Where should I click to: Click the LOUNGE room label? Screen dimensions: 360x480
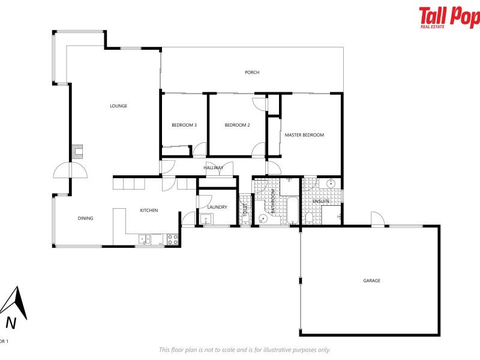pyautogui.click(x=118, y=106)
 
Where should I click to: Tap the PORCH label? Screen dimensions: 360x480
pyautogui.click(x=252, y=73)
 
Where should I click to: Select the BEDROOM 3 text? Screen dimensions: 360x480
pyautogui.click(x=184, y=125)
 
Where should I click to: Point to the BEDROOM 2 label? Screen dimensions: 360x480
pyautogui.click(x=237, y=125)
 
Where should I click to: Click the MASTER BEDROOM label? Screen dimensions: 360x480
pyautogui.click(x=304, y=135)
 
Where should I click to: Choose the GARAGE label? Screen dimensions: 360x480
pyautogui.click(x=371, y=280)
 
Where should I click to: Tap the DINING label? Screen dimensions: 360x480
pyautogui.click(x=85, y=218)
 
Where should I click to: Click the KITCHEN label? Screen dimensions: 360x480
pyautogui.click(x=149, y=210)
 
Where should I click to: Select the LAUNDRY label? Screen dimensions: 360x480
pyautogui.click(x=217, y=207)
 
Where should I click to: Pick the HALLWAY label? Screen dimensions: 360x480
pyautogui.click(x=213, y=167)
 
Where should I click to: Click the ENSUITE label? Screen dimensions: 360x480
pyautogui.click(x=322, y=200)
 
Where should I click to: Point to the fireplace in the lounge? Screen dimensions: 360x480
pyautogui.click(x=77, y=151)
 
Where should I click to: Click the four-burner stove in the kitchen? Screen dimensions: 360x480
pyautogui.click(x=172, y=239)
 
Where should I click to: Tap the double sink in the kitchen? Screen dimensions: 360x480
pyautogui.click(x=145, y=239)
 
